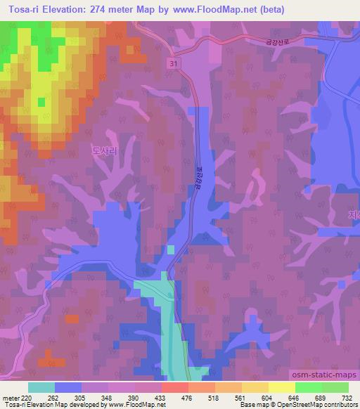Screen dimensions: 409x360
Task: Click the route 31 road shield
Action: pos(172,64)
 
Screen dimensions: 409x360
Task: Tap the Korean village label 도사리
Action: pos(102,150)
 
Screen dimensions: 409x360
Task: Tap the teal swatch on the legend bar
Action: pos(41,387)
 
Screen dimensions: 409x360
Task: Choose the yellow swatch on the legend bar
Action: pos(281,387)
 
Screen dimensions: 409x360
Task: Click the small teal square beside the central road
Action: pos(171,249)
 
